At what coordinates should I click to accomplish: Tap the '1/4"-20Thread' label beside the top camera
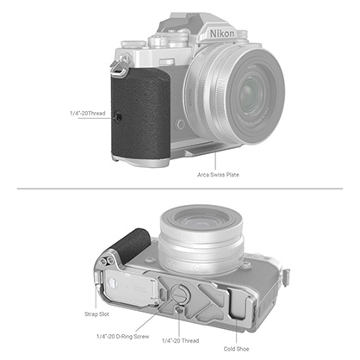[91, 113]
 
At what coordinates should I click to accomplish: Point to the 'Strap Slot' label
[96, 314]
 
